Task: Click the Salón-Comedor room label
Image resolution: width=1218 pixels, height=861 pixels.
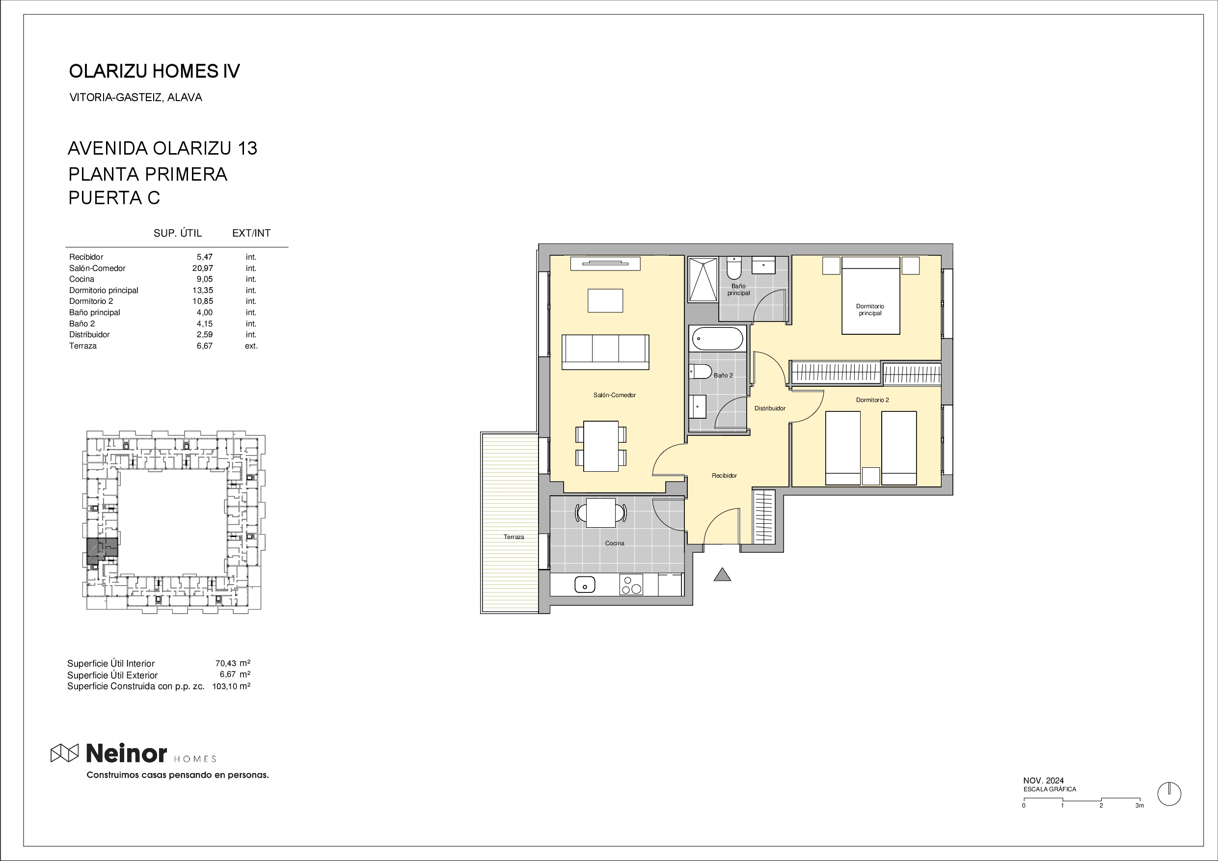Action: [614, 395]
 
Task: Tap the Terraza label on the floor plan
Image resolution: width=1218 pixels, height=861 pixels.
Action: [514, 537]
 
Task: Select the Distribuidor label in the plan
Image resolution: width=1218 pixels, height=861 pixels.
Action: [770, 408]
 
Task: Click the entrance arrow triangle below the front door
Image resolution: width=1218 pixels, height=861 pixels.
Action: [722, 574]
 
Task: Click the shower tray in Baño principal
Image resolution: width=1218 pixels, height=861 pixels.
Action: [703, 279]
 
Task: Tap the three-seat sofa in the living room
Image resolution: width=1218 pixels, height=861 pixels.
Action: [605, 352]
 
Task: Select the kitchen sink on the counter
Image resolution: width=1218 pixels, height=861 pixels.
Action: [585, 585]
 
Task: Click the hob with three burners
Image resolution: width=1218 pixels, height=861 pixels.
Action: [631, 585]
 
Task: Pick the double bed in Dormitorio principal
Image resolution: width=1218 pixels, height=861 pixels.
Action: [870, 296]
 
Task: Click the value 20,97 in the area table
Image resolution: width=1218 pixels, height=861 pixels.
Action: [202, 269]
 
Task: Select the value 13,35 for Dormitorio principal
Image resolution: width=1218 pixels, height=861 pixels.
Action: [202, 291]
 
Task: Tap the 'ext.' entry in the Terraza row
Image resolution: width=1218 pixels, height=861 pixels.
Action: [251, 346]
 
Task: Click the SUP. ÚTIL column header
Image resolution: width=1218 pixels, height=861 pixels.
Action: [178, 233]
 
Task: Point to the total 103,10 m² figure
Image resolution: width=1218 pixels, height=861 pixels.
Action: [231, 686]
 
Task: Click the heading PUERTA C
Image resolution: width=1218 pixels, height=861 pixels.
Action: [114, 198]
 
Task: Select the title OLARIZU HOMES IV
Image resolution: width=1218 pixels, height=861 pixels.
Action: [154, 71]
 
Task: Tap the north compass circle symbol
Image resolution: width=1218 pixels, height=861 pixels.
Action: [1169, 794]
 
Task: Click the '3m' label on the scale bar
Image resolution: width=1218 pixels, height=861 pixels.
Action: [1139, 806]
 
